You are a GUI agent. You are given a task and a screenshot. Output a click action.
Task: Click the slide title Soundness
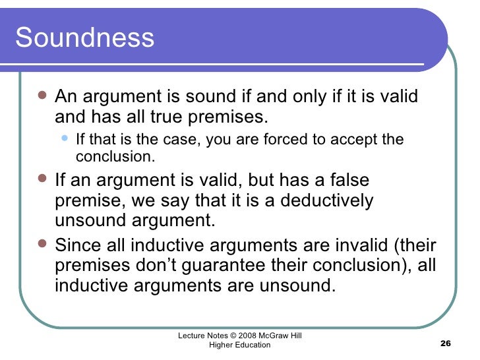coord(84,38)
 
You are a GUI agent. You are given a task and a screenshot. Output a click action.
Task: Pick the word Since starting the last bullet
coord(78,245)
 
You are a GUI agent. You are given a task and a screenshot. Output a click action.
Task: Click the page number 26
coord(444,345)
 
